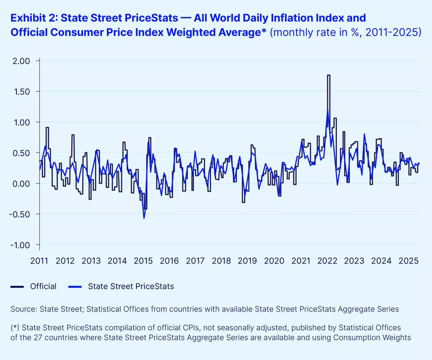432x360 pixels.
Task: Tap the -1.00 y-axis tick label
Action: point(21,245)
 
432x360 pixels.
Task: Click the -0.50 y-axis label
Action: point(21,214)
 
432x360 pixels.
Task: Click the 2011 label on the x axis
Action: point(39,261)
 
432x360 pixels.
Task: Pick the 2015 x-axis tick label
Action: point(143,261)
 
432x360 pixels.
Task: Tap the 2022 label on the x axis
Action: point(328,261)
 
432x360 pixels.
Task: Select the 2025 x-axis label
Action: point(406,261)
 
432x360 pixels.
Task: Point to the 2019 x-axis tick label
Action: point(247,261)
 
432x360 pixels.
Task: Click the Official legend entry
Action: point(43,286)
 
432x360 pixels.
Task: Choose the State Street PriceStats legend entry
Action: point(131,286)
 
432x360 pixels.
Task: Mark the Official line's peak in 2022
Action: point(328,75)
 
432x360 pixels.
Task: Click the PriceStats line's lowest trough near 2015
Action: point(144,218)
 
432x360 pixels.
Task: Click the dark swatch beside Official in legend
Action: point(17,287)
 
